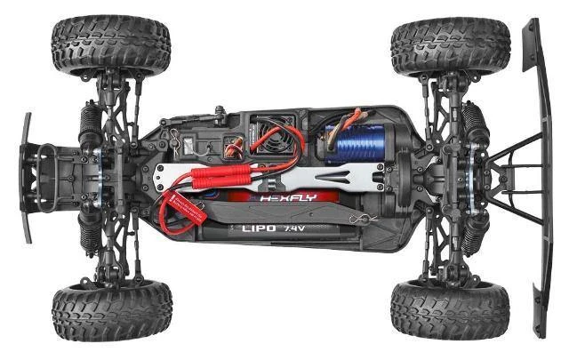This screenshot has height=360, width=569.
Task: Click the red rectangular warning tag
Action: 183,212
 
